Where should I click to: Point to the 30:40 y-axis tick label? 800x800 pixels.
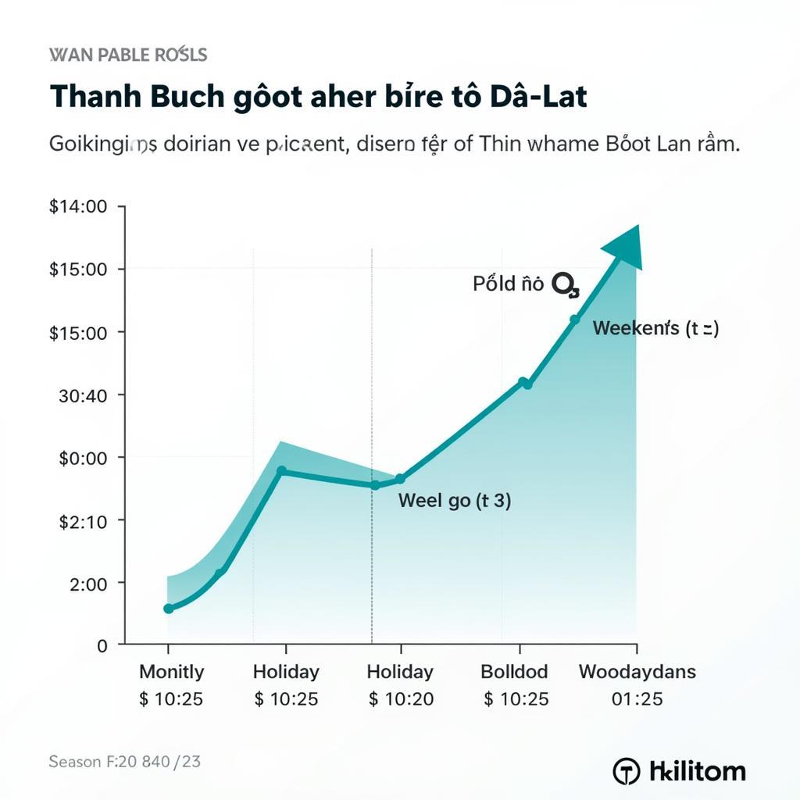82,395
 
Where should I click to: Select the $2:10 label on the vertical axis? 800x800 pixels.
82,520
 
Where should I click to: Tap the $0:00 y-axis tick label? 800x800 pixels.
82,458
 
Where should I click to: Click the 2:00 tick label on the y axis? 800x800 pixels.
88,583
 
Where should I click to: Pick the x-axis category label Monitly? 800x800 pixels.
171,672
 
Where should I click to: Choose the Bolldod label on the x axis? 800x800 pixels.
514,672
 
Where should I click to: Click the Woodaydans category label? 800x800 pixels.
637,672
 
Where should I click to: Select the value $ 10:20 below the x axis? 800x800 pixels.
401,698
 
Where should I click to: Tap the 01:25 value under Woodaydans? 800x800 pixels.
637,698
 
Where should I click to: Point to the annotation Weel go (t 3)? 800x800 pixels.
455,501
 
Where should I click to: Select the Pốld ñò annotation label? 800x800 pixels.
508,284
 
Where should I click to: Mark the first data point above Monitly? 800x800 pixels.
168,609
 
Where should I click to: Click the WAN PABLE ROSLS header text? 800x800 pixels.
128,55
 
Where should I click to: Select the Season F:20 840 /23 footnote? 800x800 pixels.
124,761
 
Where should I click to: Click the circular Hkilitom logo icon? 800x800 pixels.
627,771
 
